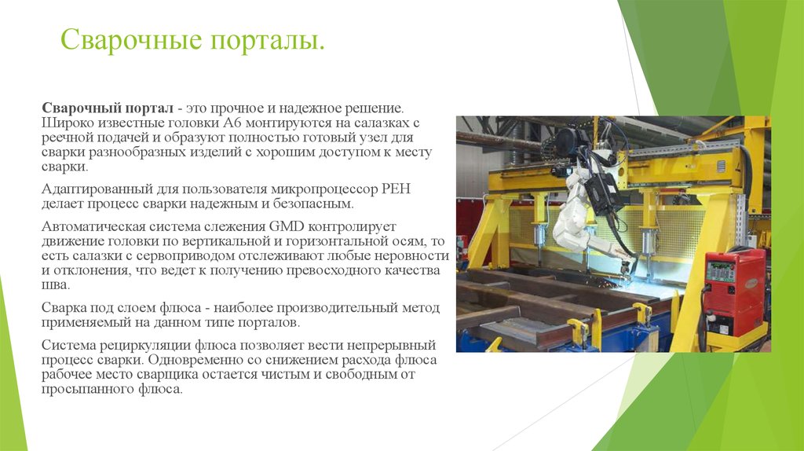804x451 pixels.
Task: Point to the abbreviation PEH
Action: coord(397,189)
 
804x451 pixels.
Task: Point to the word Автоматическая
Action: coord(93,226)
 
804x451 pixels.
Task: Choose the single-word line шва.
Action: coord(55,285)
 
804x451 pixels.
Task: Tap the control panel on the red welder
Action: coord(721,271)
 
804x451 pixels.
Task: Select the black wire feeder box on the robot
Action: coord(605,192)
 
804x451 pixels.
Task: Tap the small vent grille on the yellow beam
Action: coord(721,166)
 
